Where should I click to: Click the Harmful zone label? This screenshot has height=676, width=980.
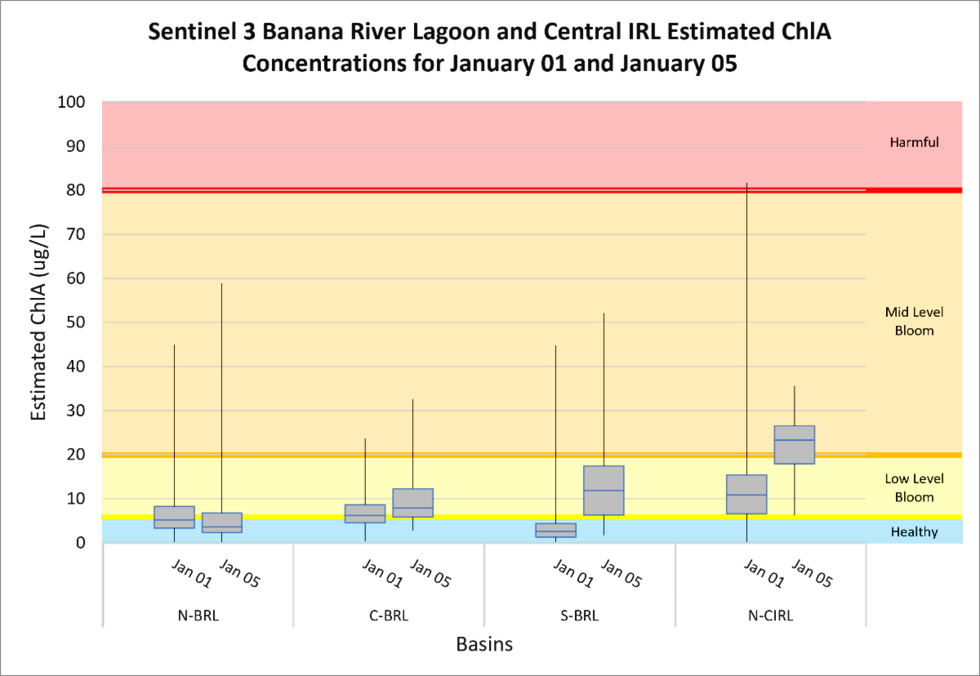pyautogui.click(x=914, y=143)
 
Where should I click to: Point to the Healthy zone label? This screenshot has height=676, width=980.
pyautogui.click(x=914, y=532)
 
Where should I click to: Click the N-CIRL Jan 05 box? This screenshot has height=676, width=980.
pyautogui.click(x=794, y=445)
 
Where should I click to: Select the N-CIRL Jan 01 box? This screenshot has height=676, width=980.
pyautogui.click(x=746, y=494)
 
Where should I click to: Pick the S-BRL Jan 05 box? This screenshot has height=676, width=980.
pyautogui.click(x=604, y=491)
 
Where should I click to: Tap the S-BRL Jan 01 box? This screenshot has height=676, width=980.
pyautogui.click(x=556, y=530)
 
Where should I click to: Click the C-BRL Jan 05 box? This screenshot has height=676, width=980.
pyautogui.click(x=412, y=503)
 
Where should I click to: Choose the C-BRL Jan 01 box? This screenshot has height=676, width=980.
pyautogui.click(x=365, y=514)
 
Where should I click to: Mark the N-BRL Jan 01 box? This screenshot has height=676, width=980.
pyautogui.click(x=174, y=517)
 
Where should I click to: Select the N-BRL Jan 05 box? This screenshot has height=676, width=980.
pyautogui.click(x=221, y=523)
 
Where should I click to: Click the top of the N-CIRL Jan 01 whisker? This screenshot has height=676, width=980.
pyautogui.click(x=746, y=184)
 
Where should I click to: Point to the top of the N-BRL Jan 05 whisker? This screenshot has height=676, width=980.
pyautogui.click(x=221, y=283)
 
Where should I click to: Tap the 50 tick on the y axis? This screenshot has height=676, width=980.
pyautogui.click(x=82, y=322)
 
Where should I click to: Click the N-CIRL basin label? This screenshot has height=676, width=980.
pyautogui.click(x=770, y=616)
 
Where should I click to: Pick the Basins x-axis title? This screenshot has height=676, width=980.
pyautogui.click(x=484, y=645)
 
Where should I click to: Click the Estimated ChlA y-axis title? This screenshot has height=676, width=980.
pyautogui.click(x=38, y=322)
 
